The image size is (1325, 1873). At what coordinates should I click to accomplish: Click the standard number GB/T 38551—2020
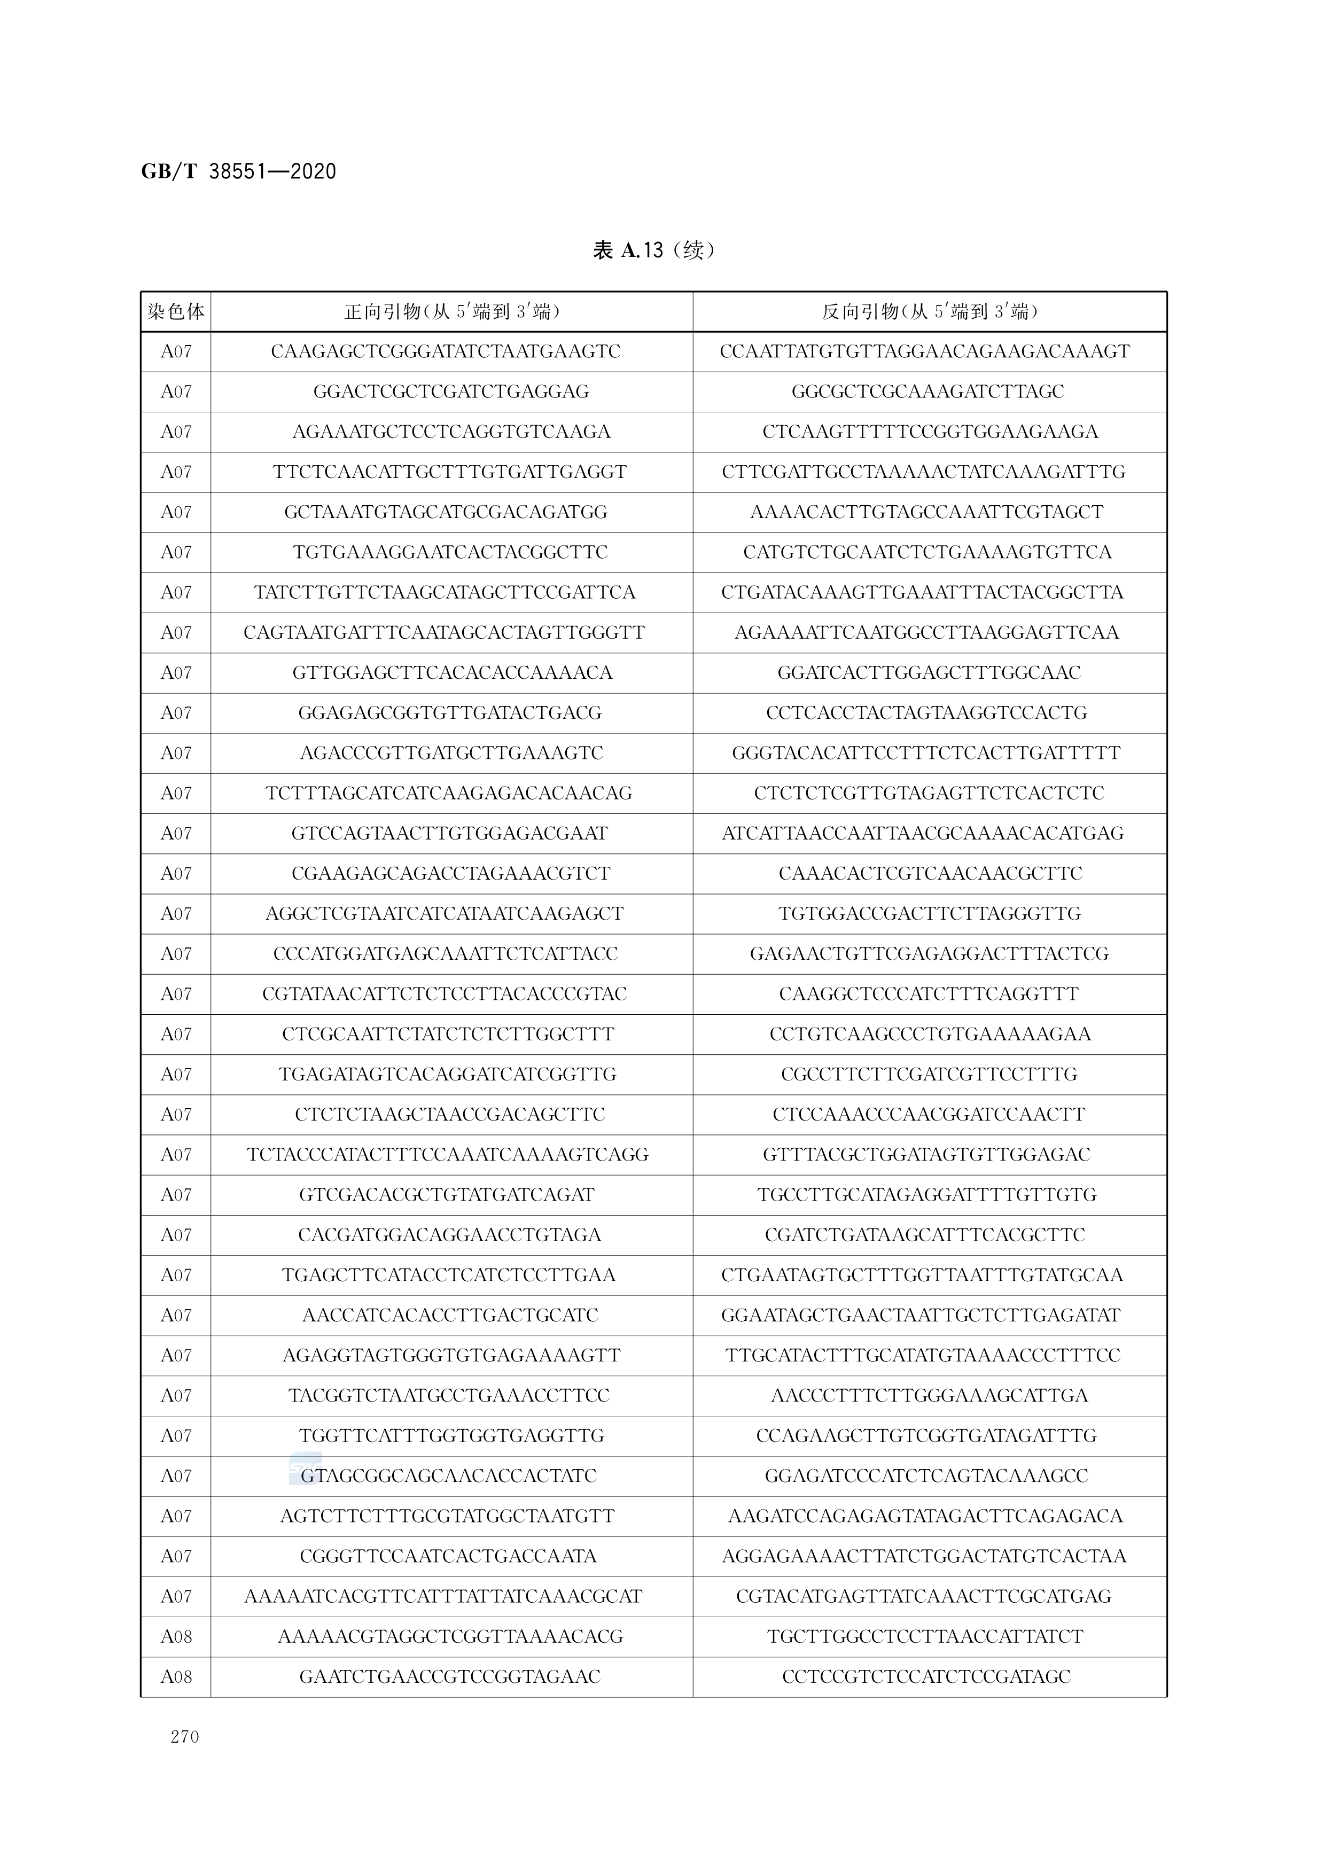click(x=238, y=171)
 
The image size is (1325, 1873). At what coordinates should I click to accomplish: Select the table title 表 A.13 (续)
click(x=653, y=249)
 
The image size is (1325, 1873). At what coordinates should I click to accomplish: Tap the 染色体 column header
click(x=175, y=311)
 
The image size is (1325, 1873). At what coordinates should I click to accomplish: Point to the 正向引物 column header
click(x=451, y=311)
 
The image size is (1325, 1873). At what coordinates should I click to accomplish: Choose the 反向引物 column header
click(x=929, y=311)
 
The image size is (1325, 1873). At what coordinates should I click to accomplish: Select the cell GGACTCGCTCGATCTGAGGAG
click(x=451, y=391)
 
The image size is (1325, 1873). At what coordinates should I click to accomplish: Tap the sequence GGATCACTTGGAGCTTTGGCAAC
click(x=929, y=673)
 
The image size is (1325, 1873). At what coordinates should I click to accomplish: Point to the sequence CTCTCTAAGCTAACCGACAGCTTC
click(x=450, y=1114)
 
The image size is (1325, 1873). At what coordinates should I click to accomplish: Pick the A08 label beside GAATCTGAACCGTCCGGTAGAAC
click(x=175, y=1677)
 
